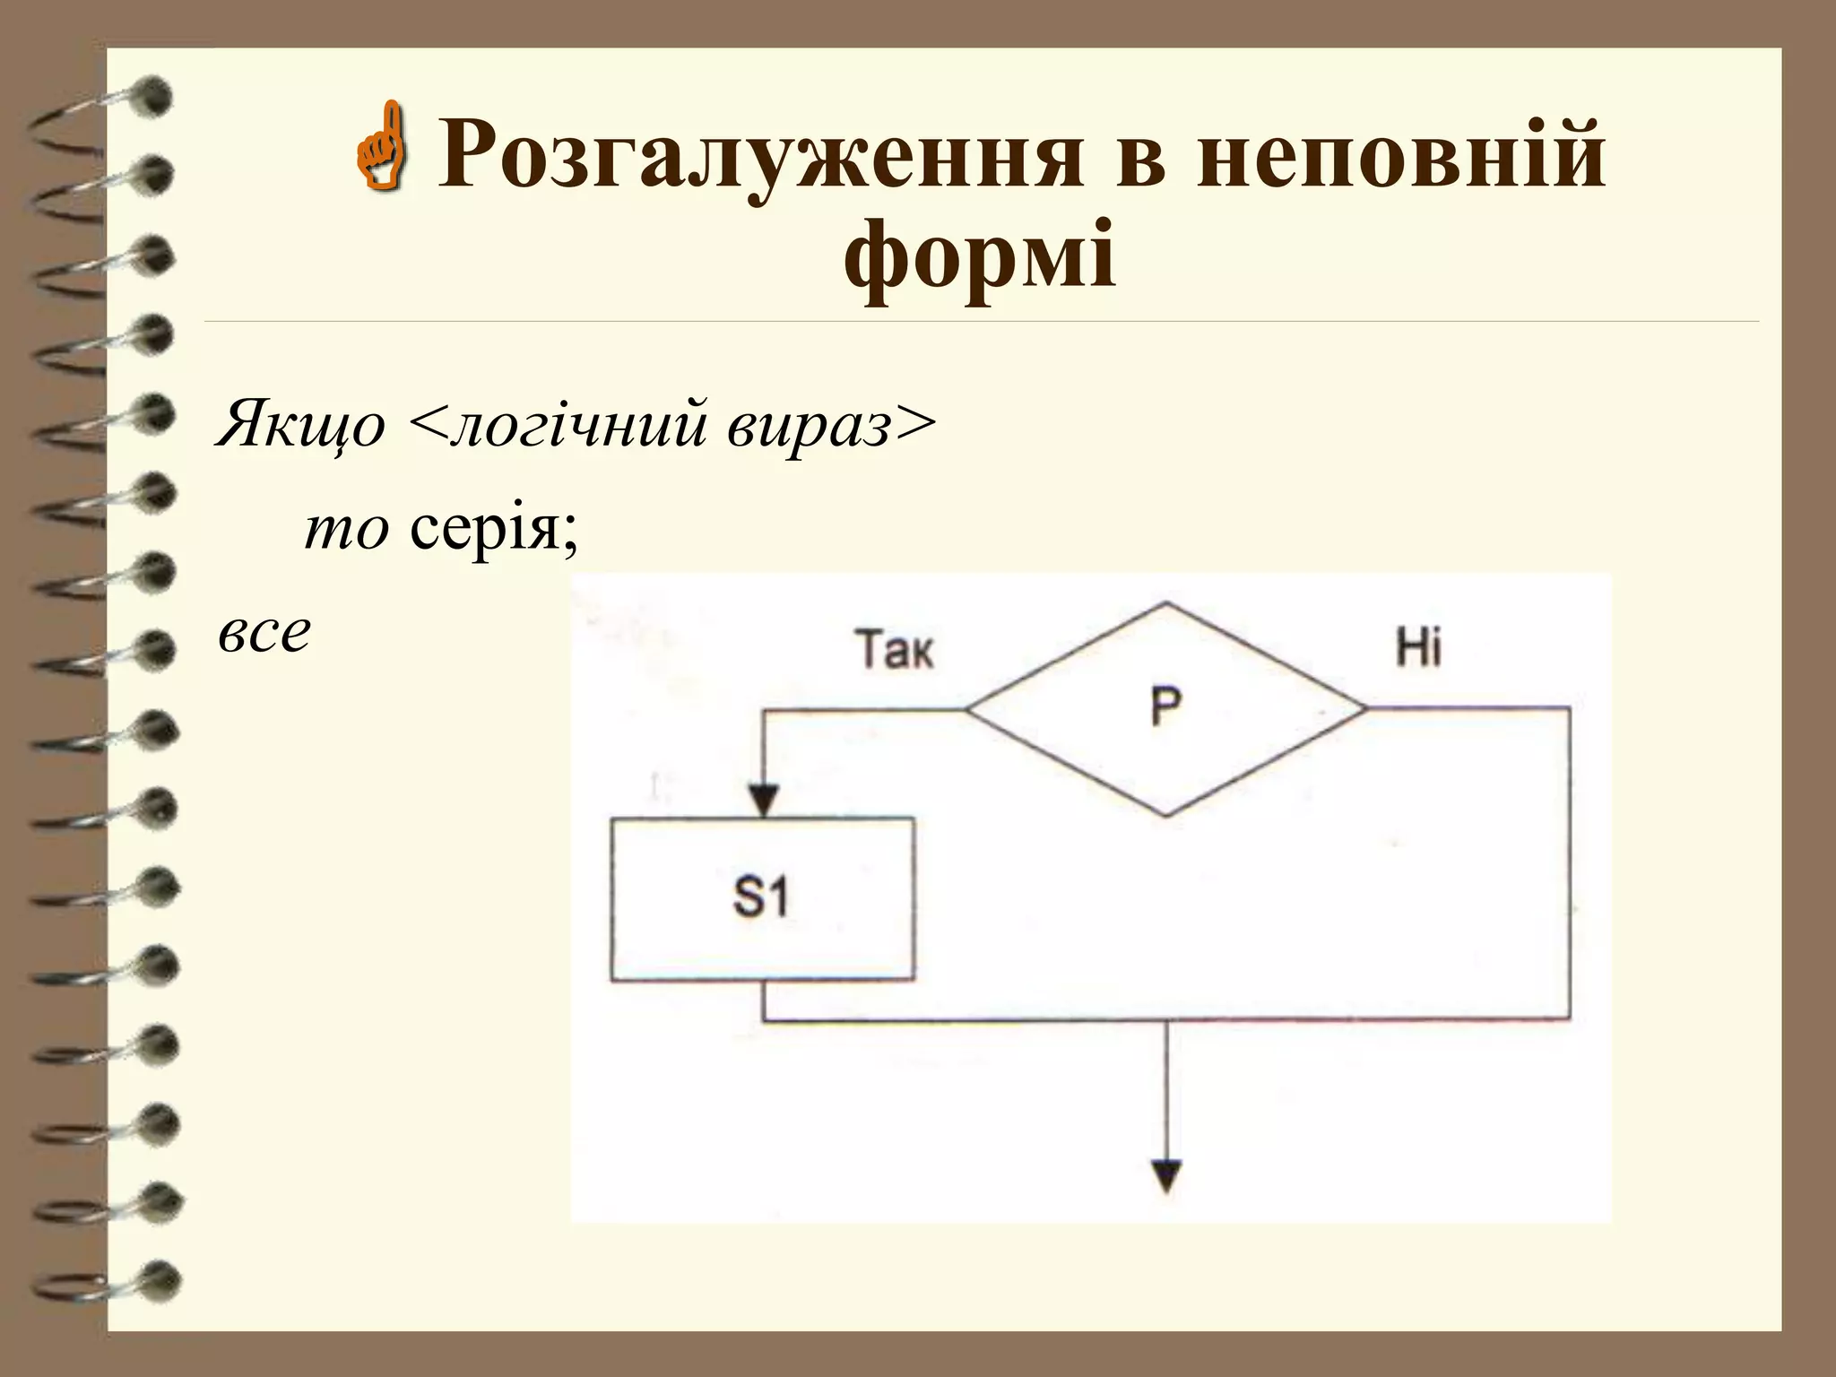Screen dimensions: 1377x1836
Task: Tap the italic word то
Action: pyautogui.click(x=346, y=529)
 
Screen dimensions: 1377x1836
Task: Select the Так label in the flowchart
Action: pyautogui.click(x=894, y=648)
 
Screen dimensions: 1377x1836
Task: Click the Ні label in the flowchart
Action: pyautogui.click(x=1418, y=646)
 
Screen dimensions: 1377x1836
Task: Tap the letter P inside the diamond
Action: pyautogui.click(x=1165, y=706)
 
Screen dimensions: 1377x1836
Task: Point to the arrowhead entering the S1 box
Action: pyautogui.click(x=763, y=799)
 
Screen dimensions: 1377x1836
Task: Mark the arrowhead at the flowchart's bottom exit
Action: pyautogui.click(x=1166, y=1175)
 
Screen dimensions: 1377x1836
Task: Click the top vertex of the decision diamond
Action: pyautogui.click(x=1165, y=603)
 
